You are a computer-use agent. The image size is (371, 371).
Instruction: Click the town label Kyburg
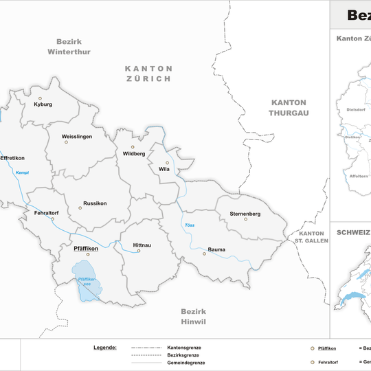click(43, 105)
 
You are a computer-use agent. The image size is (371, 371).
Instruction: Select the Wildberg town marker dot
click(133, 146)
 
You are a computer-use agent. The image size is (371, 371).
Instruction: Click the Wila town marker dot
click(167, 163)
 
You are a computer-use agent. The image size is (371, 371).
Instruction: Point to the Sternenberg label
click(245, 214)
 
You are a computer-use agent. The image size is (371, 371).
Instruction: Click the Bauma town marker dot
click(203, 254)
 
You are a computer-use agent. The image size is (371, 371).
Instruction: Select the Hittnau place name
click(136, 244)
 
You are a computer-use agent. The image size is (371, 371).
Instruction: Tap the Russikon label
click(95, 203)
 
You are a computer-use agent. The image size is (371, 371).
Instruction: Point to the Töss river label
click(189, 226)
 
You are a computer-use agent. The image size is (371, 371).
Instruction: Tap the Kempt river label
click(22, 172)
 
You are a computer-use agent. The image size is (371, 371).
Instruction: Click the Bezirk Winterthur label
click(69, 47)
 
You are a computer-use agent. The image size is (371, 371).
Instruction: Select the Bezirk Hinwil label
click(194, 316)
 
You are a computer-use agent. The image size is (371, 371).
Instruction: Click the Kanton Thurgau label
click(289, 106)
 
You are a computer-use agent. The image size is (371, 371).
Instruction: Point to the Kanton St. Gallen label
click(312, 237)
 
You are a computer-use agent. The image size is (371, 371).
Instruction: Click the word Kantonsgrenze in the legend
click(184, 348)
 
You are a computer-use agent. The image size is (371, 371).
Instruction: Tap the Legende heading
click(105, 348)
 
